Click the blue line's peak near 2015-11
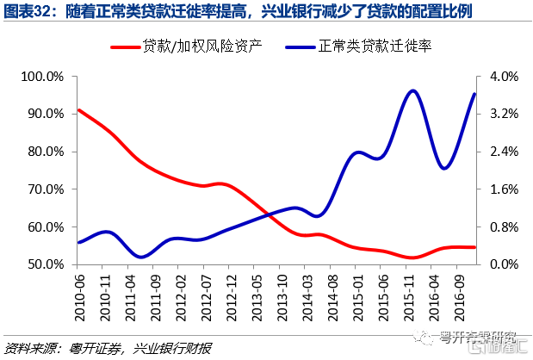[x=414, y=90]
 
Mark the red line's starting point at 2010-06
[x=78, y=110]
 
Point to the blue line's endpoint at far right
[x=475, y=94]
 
